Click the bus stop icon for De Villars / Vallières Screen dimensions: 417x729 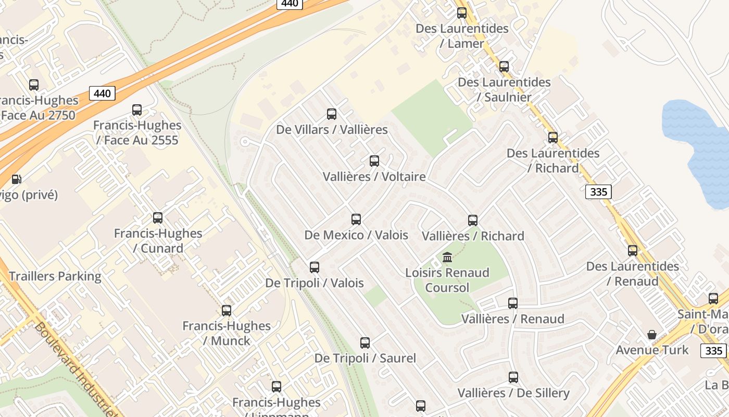pyautogui.click(x=332, y=114)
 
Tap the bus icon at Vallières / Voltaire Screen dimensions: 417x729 pyautogui.click(x=374, y=161)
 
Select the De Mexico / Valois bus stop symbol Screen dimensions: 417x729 pyautogui.click(x=356, y=219)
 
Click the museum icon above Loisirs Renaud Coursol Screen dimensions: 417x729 pyautogui.click(x=447, y=257)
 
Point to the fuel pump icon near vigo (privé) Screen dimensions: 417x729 pyautogui.click(x=17, y=179)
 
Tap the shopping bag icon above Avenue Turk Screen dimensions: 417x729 pyautogui.click(x=651, y=335)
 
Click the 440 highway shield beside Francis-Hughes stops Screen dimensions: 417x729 pyautogui.click(x=102, y=93)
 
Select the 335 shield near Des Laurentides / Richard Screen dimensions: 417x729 pyautogui.click(x=598, y=192)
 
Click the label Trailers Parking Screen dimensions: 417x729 pyautogui.click(x=55, y=276)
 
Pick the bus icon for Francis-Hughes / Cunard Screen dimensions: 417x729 pyautogui.click(x=158, y=218)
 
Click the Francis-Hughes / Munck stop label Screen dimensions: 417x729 pyautogui.click(x=227, y=333)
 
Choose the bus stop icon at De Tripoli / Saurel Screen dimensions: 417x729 pyautogui.click(x=365, y=343)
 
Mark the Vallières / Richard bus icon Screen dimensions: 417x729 pyautogui.click(x=473, y=220)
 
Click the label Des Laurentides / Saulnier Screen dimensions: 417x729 pyautogui.click(x=504, y=90)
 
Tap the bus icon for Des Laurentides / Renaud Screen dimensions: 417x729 pyautogui.click(x=633, y=251)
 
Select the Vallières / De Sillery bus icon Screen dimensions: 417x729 pyautogui.click(x=513, y=377)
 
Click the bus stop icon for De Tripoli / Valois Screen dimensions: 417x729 pyautogui.click(x=315, y=267)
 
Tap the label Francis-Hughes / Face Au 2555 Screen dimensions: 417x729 pyautogui.click(x=137, y=132)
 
